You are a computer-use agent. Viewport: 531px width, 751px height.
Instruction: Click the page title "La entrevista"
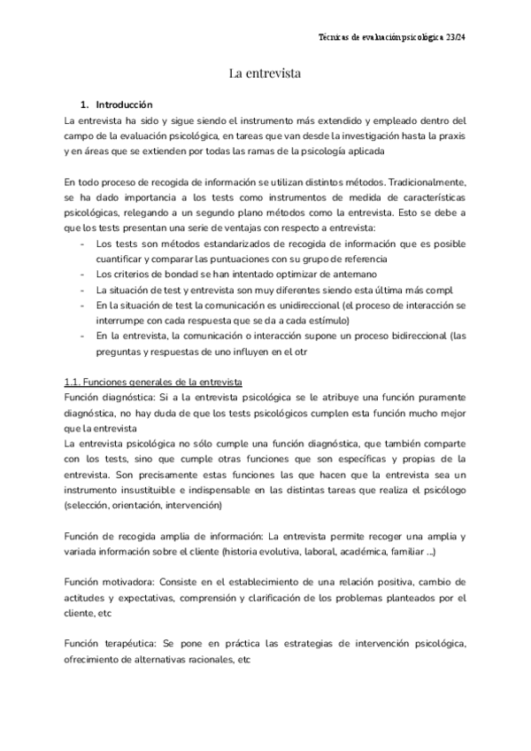[x=265, y=74]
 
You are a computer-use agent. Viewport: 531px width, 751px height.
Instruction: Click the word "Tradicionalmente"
[x=429, y=182]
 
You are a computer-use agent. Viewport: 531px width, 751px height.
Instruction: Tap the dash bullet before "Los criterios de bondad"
[x=82, y=275]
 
